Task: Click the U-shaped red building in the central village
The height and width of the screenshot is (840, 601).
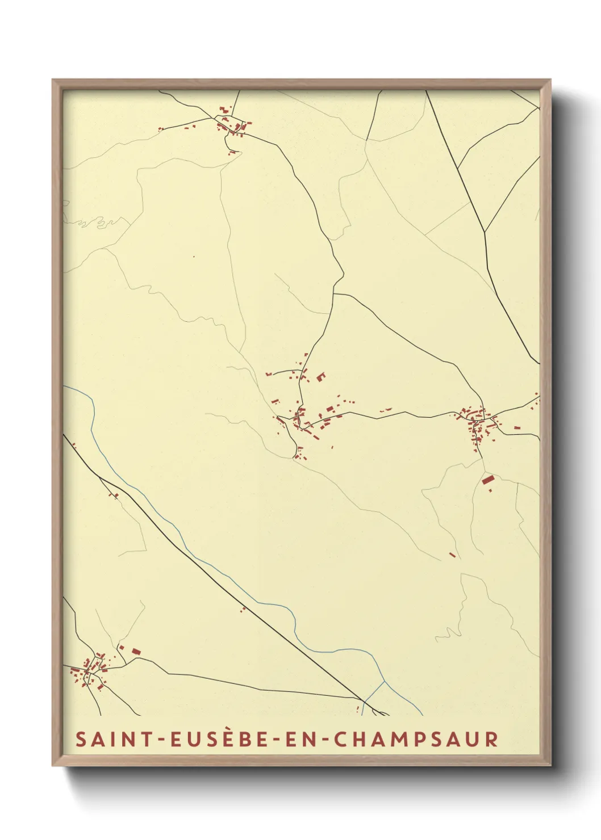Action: tap(320, 376)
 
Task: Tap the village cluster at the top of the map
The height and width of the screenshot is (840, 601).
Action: tap(232, 125)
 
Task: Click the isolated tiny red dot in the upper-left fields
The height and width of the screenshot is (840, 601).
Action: tap(193, 257)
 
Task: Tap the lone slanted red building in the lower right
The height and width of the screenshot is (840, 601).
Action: tap(452, 555)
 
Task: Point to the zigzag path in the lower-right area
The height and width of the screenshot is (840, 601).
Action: tap(452, 633)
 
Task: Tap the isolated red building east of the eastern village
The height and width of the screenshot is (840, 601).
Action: tap(517, 427)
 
